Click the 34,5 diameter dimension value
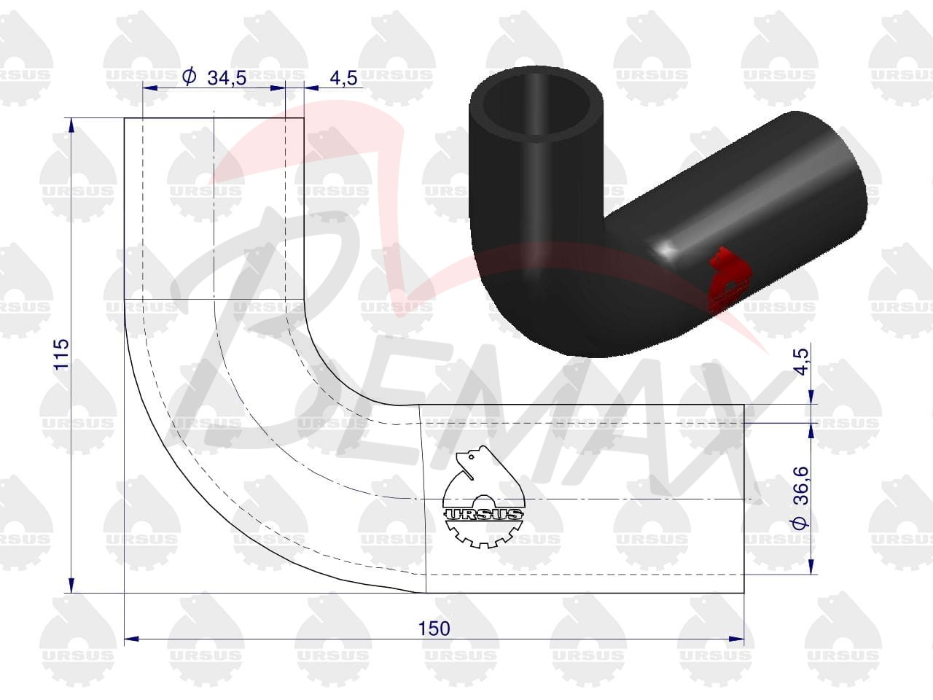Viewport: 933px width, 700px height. click(227, 78)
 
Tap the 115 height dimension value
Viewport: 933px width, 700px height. click(62, 354)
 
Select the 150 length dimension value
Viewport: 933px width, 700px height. click(434, 629)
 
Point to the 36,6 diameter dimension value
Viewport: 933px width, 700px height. click(801, 485)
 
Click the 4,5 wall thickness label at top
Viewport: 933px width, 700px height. click(343, 78)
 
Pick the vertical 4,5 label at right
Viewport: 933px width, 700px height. click(801, 361)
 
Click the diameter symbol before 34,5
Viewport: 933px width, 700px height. click(189, 77)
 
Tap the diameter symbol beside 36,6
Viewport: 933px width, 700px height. click(801, 523)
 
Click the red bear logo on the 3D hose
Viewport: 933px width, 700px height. click(727, 281)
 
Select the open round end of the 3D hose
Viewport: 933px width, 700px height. click(536, 104)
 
